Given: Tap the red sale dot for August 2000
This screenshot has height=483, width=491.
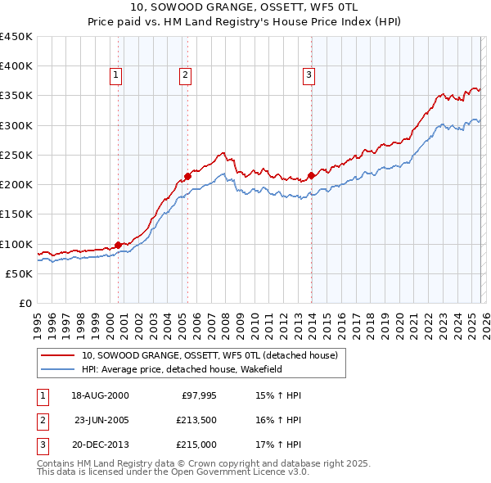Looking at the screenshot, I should point(118,244).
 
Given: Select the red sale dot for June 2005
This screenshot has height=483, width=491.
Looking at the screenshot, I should point(187,175).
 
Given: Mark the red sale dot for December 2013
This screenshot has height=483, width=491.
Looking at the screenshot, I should point(312,174).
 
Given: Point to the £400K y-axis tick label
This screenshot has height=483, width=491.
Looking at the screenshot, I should point(16,66).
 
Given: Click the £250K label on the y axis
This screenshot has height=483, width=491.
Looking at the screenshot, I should point(16,156).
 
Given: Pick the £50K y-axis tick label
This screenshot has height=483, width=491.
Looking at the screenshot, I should point(19,274).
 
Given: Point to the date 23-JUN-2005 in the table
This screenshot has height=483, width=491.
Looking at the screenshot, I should point(101,420).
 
